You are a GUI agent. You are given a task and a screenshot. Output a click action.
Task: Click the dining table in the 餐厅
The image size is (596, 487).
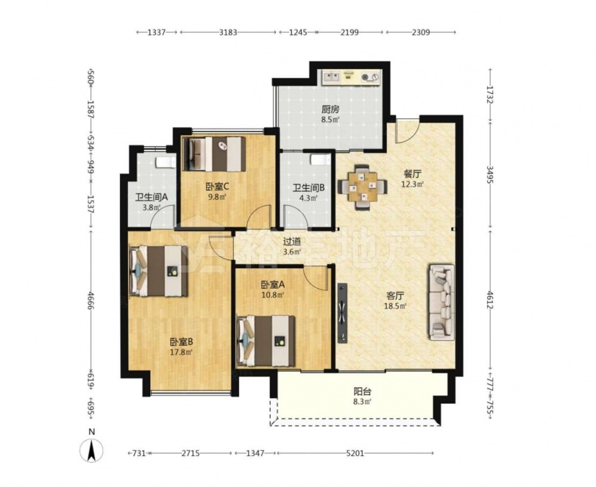[363, 187]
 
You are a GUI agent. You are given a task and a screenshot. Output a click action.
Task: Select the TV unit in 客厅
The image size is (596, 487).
[343, 313]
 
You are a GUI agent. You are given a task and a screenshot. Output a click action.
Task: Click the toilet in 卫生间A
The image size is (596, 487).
[166, 162]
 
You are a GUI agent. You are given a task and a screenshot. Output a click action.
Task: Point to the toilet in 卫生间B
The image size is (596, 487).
[320, 160]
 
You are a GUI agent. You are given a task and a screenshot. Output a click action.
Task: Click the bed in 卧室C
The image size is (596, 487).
[215, 154]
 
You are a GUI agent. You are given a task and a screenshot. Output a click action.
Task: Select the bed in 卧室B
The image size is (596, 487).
[159, 271]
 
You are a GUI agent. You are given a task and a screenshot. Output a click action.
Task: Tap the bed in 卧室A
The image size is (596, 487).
[266, 341]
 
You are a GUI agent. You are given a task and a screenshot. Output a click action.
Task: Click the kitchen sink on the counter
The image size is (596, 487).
[331, 77]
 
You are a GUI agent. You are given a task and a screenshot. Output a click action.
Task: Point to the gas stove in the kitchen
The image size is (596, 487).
[370, 77]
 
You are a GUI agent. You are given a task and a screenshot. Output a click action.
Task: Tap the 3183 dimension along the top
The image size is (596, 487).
[228, 32]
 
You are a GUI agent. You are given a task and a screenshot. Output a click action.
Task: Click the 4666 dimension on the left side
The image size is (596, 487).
[91, 300]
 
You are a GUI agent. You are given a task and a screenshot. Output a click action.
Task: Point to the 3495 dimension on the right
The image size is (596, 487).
[490, 175]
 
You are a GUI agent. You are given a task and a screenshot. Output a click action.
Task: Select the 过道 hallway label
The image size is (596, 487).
[292, 241]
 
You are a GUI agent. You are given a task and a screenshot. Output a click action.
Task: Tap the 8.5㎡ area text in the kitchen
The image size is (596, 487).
[330, 119]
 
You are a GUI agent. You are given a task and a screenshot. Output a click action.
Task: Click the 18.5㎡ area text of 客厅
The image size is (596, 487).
[395, 305]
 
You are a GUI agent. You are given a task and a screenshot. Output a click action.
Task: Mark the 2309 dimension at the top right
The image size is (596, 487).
[421, 32]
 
